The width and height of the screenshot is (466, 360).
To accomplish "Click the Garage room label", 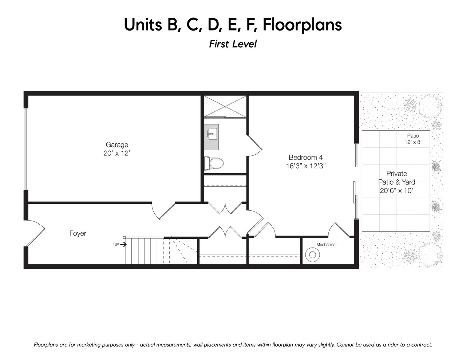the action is [117, 145].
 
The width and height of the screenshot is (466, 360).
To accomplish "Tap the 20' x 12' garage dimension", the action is [117, 153].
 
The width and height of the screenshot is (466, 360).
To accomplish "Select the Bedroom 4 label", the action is [305, 157].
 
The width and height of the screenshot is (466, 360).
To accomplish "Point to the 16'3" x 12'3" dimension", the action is [306, 166].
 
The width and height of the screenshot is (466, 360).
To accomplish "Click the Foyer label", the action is [78, 233].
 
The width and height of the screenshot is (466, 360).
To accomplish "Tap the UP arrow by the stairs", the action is [123, 245].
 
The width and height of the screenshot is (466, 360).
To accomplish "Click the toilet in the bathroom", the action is [214, 163].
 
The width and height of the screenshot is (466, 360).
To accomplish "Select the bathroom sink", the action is [212, 134].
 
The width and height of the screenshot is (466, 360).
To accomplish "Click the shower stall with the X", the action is [225, 106].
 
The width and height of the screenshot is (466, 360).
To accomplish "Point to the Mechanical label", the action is [326, 245].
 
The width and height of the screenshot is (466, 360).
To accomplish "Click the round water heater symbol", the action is [312, 255].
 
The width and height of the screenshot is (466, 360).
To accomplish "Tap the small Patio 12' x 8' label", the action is [413, 139].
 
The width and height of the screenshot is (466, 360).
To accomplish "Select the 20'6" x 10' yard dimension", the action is [396, 191].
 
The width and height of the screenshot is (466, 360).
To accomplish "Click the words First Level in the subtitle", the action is [233, 44].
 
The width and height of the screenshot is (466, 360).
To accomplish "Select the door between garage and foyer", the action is [163, 211].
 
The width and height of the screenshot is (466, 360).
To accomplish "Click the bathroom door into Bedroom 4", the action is [254, 146].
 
